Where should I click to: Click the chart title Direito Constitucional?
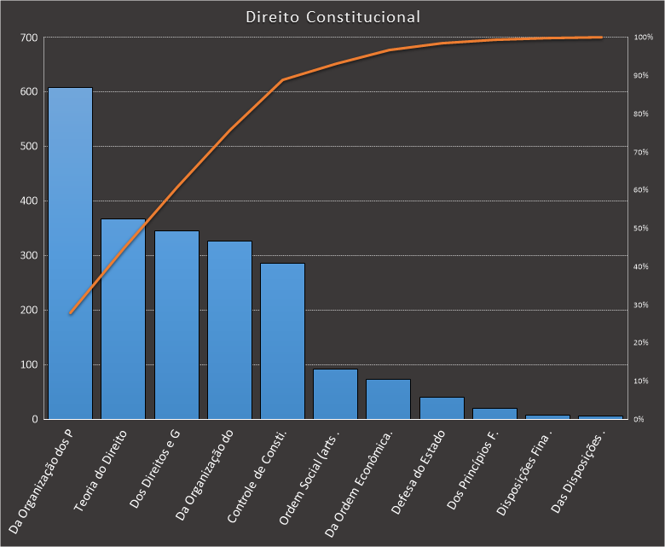click(332, 17)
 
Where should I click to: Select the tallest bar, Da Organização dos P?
click(70, 256)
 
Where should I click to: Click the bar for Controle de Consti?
click(282, 341)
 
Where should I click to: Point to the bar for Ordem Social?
click(335, 394)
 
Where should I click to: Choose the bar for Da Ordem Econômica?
click(388, 399)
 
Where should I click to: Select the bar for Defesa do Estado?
click(442, 408)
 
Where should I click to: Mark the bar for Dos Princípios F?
click(494, 414)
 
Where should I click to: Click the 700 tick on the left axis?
click(30, 38)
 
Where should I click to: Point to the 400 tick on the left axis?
click(30, 201)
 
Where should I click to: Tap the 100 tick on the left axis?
click(30, 365)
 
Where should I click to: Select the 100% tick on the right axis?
click(643, 38)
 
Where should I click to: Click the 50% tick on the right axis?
click(641, 229)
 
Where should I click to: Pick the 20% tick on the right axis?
click(641, 343)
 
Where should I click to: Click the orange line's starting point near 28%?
click(70, 313)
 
